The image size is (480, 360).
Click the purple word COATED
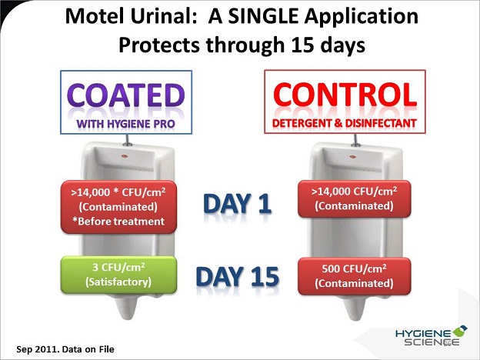click(126, 95)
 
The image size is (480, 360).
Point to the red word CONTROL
click(345, 95)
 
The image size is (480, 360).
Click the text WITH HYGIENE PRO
click(126, 124)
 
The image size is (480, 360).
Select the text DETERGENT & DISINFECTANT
click(345, 123)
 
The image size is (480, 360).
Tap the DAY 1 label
click(237, 204)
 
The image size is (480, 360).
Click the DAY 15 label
click(237, 276)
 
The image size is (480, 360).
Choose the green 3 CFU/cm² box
click(118, 275)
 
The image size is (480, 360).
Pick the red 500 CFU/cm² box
click(354, 276)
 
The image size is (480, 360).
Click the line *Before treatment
click(118, 221)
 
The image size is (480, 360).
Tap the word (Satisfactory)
click(118, 282)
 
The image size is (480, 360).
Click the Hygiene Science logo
click(431, 335)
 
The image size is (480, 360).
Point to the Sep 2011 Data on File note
click(65, 349)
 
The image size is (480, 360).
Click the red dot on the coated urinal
click(125, 156)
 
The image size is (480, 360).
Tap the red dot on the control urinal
click(352, 157)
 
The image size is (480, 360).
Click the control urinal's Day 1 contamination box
click(354, 199)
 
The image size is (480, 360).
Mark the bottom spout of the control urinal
click(355, 308)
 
